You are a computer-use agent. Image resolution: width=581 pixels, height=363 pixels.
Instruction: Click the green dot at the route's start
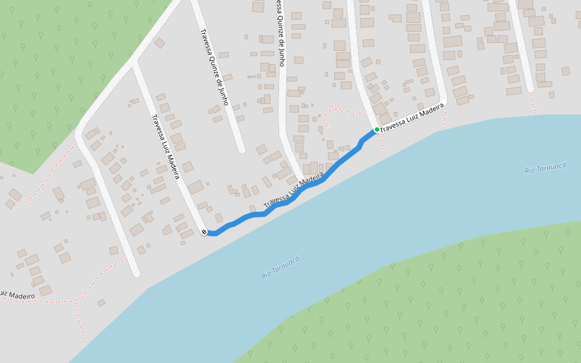pyautogui.click(x=376, y=129)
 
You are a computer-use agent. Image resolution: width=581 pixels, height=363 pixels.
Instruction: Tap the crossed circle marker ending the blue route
pyautogui.click(x=204, y=232)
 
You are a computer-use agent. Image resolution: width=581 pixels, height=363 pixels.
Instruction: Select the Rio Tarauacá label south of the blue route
pyautogui.click(x=280, y=267)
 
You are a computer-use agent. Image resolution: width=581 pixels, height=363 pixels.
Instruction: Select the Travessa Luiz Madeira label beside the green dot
pyautogui.click(x=412, y=117)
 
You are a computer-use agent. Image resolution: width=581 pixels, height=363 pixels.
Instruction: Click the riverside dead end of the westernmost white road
pyautogui.click(x=137, y=273)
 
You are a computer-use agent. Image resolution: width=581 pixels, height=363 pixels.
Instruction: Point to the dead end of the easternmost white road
pyautogui.click(x=530, y=89)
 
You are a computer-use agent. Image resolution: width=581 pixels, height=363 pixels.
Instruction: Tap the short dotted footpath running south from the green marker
pyautogui.click(x=382, y=141)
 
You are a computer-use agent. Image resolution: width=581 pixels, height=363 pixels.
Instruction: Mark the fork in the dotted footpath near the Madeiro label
pyautogui.click(x=76, y=300)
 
